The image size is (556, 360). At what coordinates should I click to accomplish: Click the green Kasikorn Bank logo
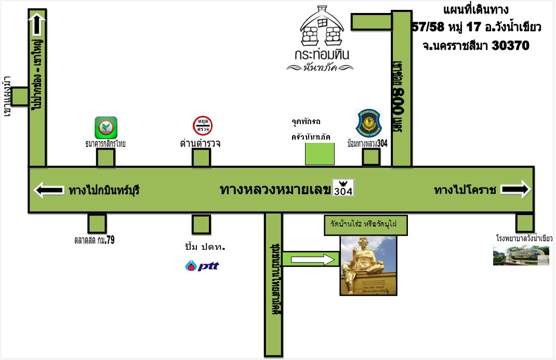click(x=106, y=127)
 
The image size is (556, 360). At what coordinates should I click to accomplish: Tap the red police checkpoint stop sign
click(x=203, y=126)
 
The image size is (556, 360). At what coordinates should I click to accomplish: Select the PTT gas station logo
click(x=202, y=266)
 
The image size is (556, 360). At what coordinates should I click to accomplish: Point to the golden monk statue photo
click(x=369, y=265)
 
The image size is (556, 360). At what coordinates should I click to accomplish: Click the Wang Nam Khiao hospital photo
click(x=521, y=255)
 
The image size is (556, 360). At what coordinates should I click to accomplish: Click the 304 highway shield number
click(x=343, y=191)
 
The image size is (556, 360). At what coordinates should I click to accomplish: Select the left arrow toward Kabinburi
click(x=49, y=190)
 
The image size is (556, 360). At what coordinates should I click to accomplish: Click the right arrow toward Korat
click(x=516, y=189)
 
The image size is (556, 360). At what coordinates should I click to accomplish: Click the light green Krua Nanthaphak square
click(x=320, y=154)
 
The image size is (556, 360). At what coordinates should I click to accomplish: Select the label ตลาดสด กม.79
click(x=95, y=241)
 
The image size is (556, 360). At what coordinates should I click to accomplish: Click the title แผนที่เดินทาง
click(x=476, y=10)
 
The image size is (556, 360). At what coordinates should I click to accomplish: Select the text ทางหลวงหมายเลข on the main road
click(x=275, y=190)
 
